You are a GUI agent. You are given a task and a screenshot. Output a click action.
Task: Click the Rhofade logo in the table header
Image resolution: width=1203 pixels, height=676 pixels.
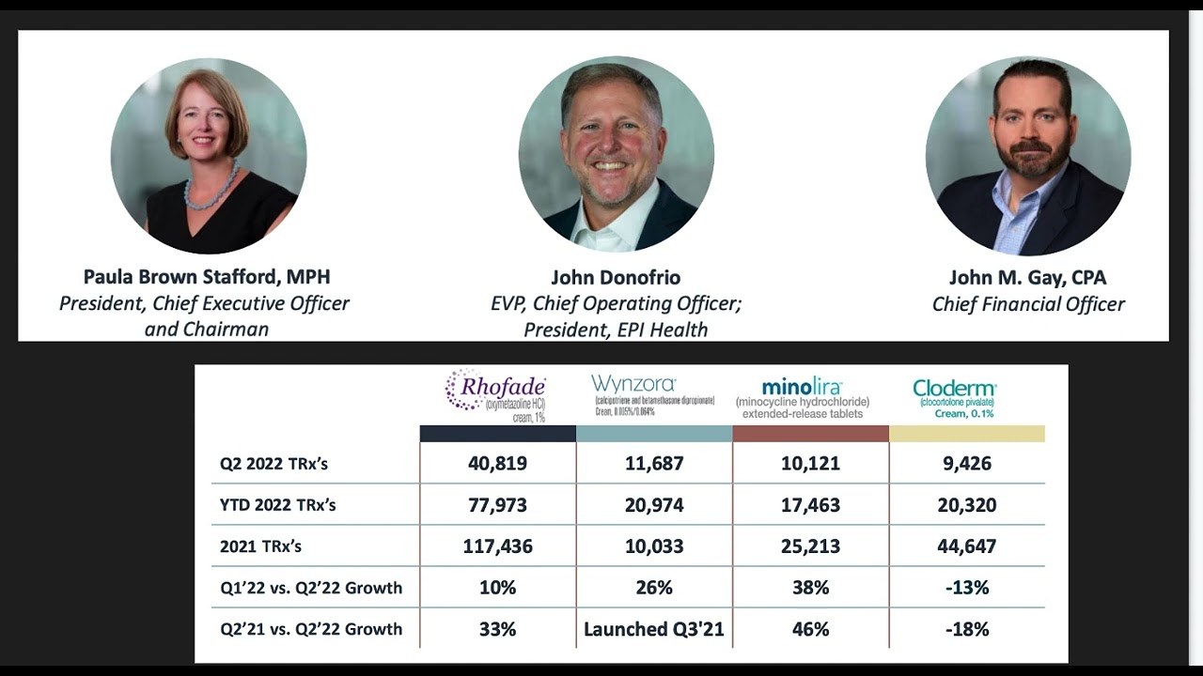[x=495, y=394]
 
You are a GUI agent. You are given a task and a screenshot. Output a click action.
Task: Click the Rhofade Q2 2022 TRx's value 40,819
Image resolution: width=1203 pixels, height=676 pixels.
[x=497, y=463]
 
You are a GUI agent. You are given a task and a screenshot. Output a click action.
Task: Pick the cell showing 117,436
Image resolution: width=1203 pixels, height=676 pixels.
[x=497, y=545]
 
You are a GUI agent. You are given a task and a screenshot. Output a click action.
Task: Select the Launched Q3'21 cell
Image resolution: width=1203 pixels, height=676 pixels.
[x=654, y=629]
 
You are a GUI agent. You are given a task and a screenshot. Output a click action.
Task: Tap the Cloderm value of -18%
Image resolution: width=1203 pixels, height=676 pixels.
[x=967, y=629]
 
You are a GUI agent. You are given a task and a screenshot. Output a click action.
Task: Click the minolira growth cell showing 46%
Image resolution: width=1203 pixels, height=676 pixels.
[x=810, y=629]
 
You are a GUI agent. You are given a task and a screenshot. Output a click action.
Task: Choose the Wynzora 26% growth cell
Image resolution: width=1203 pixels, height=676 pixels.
[x=654, y=588]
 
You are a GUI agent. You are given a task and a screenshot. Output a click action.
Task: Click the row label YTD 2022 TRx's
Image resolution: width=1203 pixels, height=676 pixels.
[x=277, y=505]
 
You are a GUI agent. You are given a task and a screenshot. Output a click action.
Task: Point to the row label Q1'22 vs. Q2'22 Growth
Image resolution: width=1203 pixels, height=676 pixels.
[x=311, y=588]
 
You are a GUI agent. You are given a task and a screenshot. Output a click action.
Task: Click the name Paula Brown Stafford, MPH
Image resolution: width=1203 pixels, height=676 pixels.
[x=207, y=277]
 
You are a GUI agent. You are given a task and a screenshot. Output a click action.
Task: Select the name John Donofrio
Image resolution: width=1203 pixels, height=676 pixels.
[x=616, y=278]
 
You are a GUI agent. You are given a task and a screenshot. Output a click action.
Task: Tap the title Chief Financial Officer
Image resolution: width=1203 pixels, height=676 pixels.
[x=1028, y=304]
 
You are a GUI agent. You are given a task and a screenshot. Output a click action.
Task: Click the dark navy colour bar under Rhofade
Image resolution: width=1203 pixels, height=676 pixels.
[x=497, y=434]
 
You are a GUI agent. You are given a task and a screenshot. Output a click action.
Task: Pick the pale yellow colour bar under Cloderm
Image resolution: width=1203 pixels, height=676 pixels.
[x=966, y=434]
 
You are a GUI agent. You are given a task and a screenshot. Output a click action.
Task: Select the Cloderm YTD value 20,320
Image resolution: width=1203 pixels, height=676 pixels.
[x=967, y=505]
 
